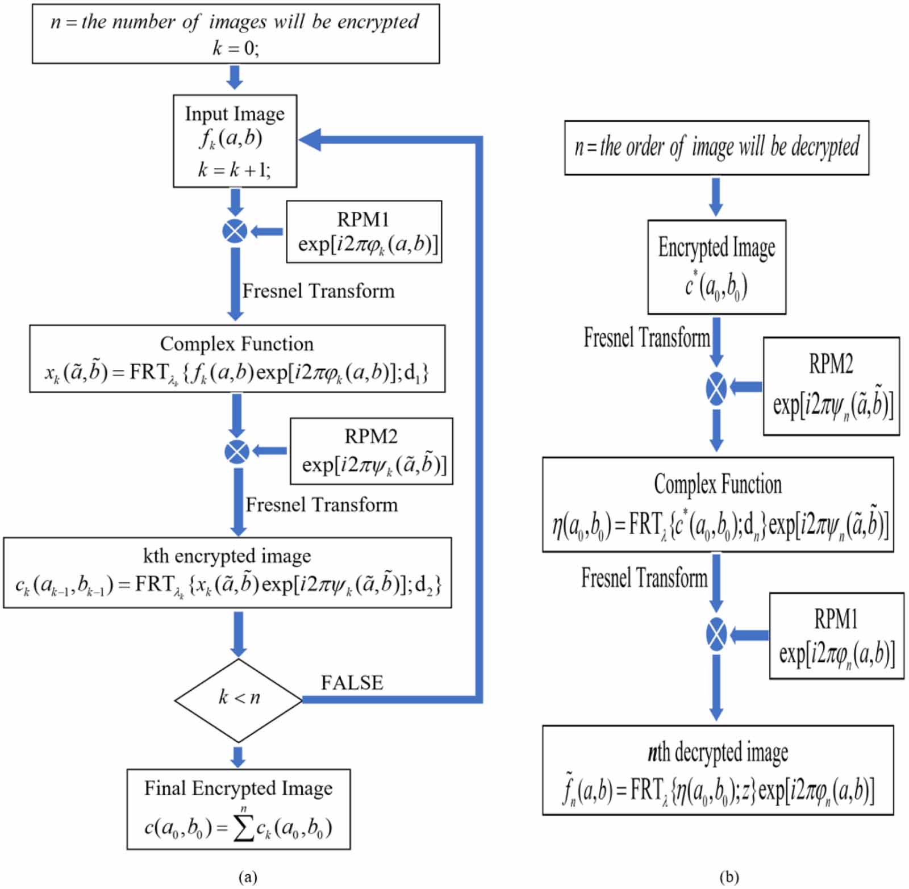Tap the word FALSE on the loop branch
[x=352, y=682]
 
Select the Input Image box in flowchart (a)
[x=235, y=141]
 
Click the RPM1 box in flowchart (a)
[x=364, y=231]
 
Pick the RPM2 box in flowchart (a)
[x=371, y=451]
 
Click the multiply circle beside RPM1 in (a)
[x=235, y=231]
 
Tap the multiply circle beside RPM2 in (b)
[x=716, y=389]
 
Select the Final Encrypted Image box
[x=238, y=809]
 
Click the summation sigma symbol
[x=244, y=829]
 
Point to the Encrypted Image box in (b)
[x=716, y=267]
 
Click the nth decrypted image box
[x=718, y=770]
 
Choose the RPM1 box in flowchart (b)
[x=836, y=636]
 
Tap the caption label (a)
[x=248, y=877]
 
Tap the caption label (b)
[x=729, y=877]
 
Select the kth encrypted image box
[x=227, y=573]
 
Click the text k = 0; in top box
[x=236, y=48]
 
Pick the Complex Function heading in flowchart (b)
[x=718, y=485]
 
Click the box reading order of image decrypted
[x=716, y=148]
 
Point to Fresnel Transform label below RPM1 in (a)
[x=318, y=291]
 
